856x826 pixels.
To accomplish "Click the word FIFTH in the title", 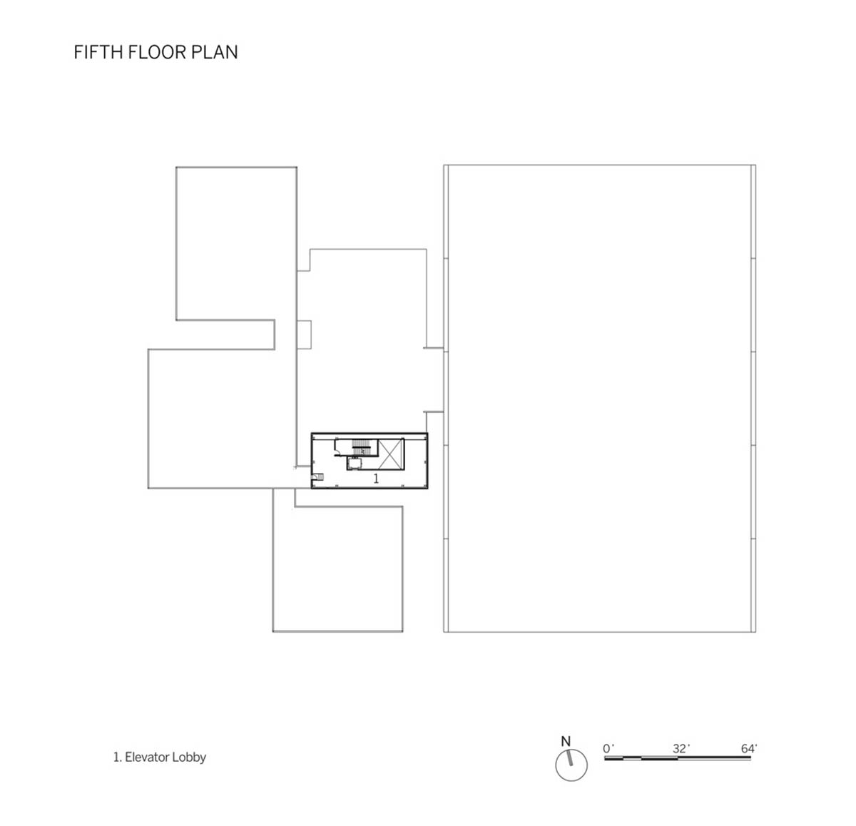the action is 98,52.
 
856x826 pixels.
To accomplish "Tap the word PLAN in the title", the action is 214,52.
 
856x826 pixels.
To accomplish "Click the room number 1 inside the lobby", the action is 376,479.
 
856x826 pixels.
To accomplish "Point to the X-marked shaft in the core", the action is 391,454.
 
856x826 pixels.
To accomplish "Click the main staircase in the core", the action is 362,447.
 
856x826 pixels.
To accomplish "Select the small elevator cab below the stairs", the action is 354,463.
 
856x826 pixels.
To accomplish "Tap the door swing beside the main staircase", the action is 339,447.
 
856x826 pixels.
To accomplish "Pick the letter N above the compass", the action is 566,741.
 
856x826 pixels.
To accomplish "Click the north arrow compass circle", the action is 571,765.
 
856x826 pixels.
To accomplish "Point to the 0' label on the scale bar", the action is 608,748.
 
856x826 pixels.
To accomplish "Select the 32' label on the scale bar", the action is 681,748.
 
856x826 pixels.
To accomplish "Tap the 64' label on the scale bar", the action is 749,748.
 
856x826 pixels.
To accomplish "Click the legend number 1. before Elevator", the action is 118,758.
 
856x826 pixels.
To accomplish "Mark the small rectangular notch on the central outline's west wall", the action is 305,335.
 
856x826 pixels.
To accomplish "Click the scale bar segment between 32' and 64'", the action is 714,758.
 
